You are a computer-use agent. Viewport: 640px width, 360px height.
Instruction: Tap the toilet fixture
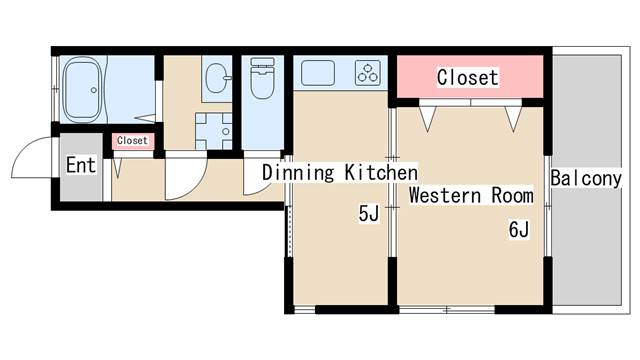[262, 78]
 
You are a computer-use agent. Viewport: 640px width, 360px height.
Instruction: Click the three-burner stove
[368, 73]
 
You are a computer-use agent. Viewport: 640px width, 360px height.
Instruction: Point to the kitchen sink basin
[318, 73]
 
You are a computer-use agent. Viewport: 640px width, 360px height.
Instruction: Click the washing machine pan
[213, 131]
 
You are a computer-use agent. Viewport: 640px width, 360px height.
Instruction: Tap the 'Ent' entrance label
[81, 165]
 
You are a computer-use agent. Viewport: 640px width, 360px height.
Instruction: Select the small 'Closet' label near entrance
[132, 140]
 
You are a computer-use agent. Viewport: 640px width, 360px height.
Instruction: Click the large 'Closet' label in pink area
[468, 77]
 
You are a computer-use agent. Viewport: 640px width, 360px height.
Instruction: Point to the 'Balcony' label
[586, 178]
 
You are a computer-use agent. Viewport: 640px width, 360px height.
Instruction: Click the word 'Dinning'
[298, 173]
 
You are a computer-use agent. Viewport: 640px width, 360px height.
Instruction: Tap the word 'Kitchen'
[381, 172]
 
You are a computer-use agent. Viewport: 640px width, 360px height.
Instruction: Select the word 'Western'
[445, 195]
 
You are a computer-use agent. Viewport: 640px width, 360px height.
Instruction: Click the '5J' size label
[369, 213]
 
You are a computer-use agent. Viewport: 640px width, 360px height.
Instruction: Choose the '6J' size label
[519, 229]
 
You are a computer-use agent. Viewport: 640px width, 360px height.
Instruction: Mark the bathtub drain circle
[94, 90]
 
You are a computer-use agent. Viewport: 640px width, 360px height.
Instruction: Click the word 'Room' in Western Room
[513, 195]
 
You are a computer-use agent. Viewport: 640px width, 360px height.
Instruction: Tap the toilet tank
[262, 62]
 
